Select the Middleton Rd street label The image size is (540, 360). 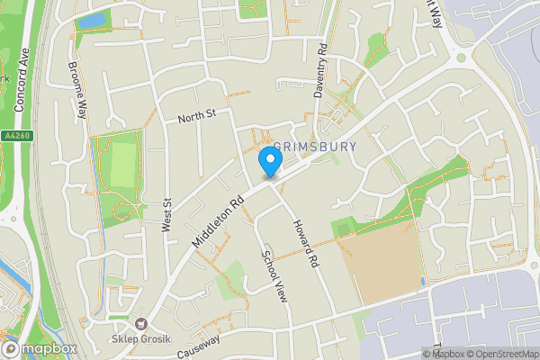coord(219,223)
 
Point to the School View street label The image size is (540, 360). coord(274,274)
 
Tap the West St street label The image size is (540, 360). coord(166,216)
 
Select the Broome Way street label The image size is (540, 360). coord(80,90)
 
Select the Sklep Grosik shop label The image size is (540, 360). coord(141,339)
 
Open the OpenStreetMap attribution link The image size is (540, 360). coord(501,354)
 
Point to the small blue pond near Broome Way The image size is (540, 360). coord(92,20)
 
